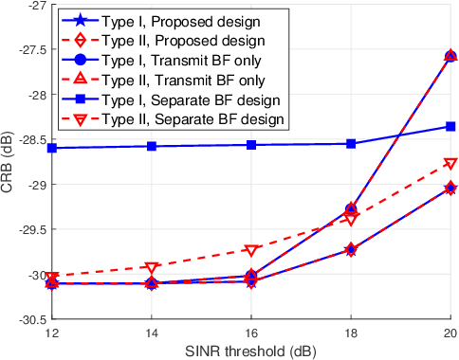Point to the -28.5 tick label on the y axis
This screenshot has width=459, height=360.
pyautogui.click(x=26, y=140)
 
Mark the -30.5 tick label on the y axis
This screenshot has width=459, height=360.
pyautogui.click(x=26, y=319)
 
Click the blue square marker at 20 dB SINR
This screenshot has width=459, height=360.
pyautogui.click(x=450, y=126)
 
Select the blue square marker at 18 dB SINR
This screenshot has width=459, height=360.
pyautogui.click(x=351, y=144)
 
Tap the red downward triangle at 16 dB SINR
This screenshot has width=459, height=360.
pyautogui.click(x=251, y=251)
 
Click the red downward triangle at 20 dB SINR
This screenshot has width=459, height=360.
pyautogui.click(x=450, y=164)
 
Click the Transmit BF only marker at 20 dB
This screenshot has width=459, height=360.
pyautogui.click(x=450, y=57)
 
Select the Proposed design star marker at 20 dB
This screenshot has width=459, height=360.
pyautogui.click(x=450, y=189)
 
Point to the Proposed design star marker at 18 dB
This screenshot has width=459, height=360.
pyautogui.click(x=351, y=250)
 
